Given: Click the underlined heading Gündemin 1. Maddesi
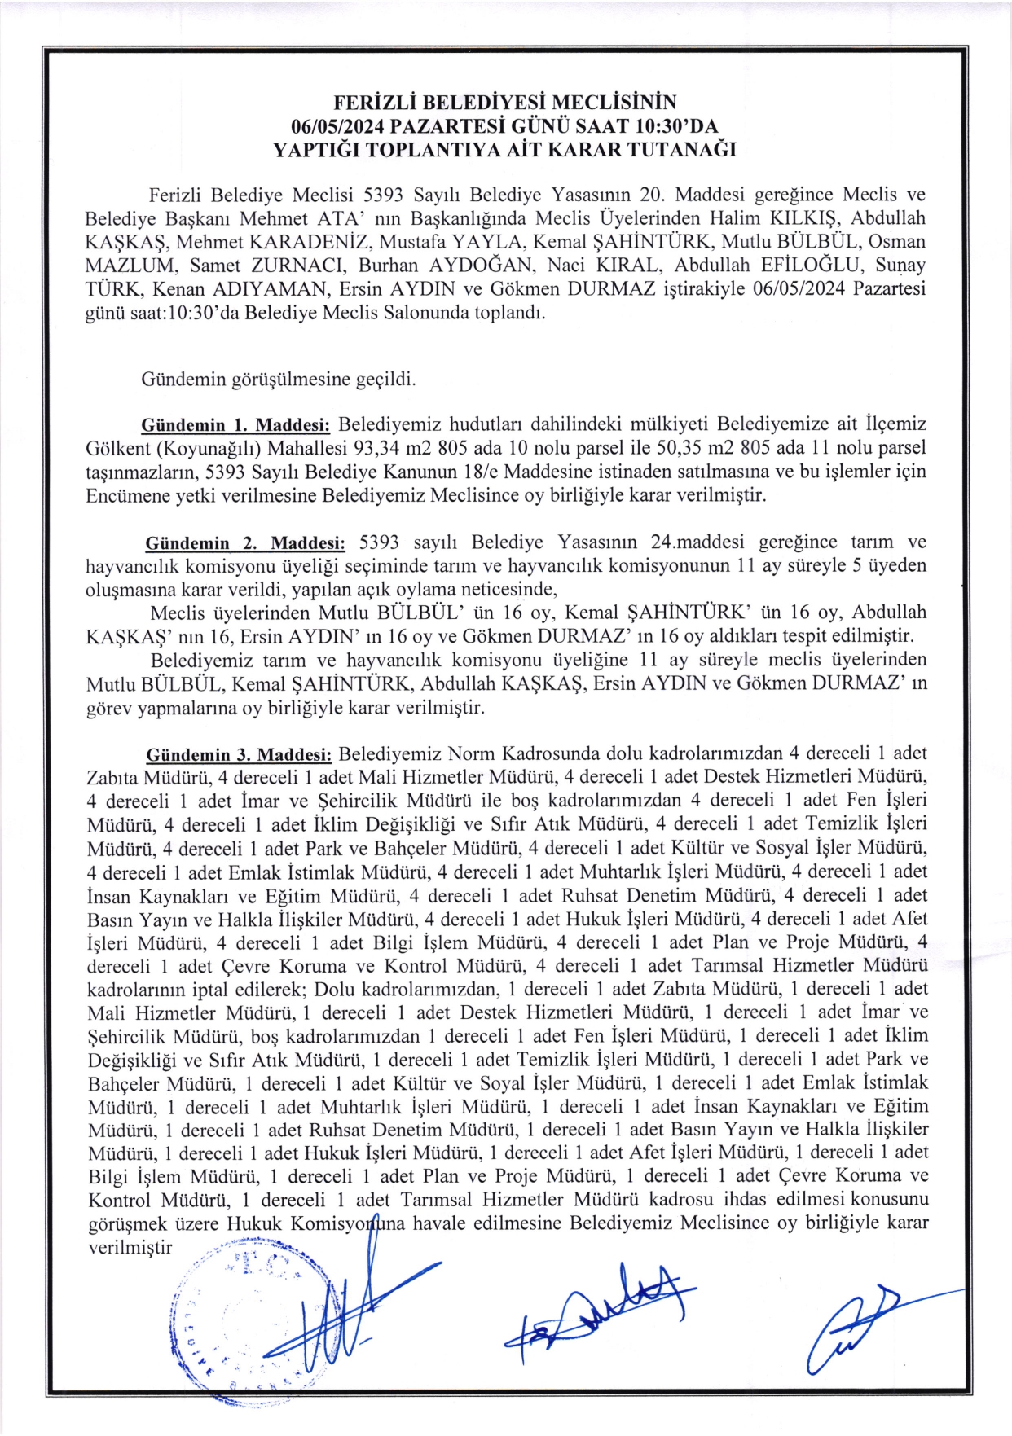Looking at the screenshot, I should (235, 425).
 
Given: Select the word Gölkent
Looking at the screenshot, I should (117, 448).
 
